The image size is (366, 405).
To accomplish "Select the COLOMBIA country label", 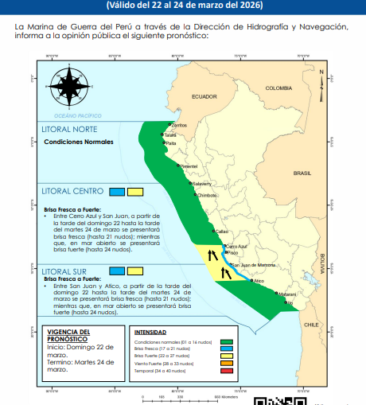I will (x=279, y=88).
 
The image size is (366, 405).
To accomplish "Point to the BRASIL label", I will (x=302, y=173).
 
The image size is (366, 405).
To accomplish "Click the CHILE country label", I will (x=312, y=324).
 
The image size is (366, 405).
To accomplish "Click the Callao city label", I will (x=222, y=231).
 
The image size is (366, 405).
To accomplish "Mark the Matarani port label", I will (x=286, y=294).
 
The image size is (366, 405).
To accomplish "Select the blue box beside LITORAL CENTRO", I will (x=117, y=191).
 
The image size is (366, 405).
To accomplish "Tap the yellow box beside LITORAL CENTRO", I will (x=134, y=191).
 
